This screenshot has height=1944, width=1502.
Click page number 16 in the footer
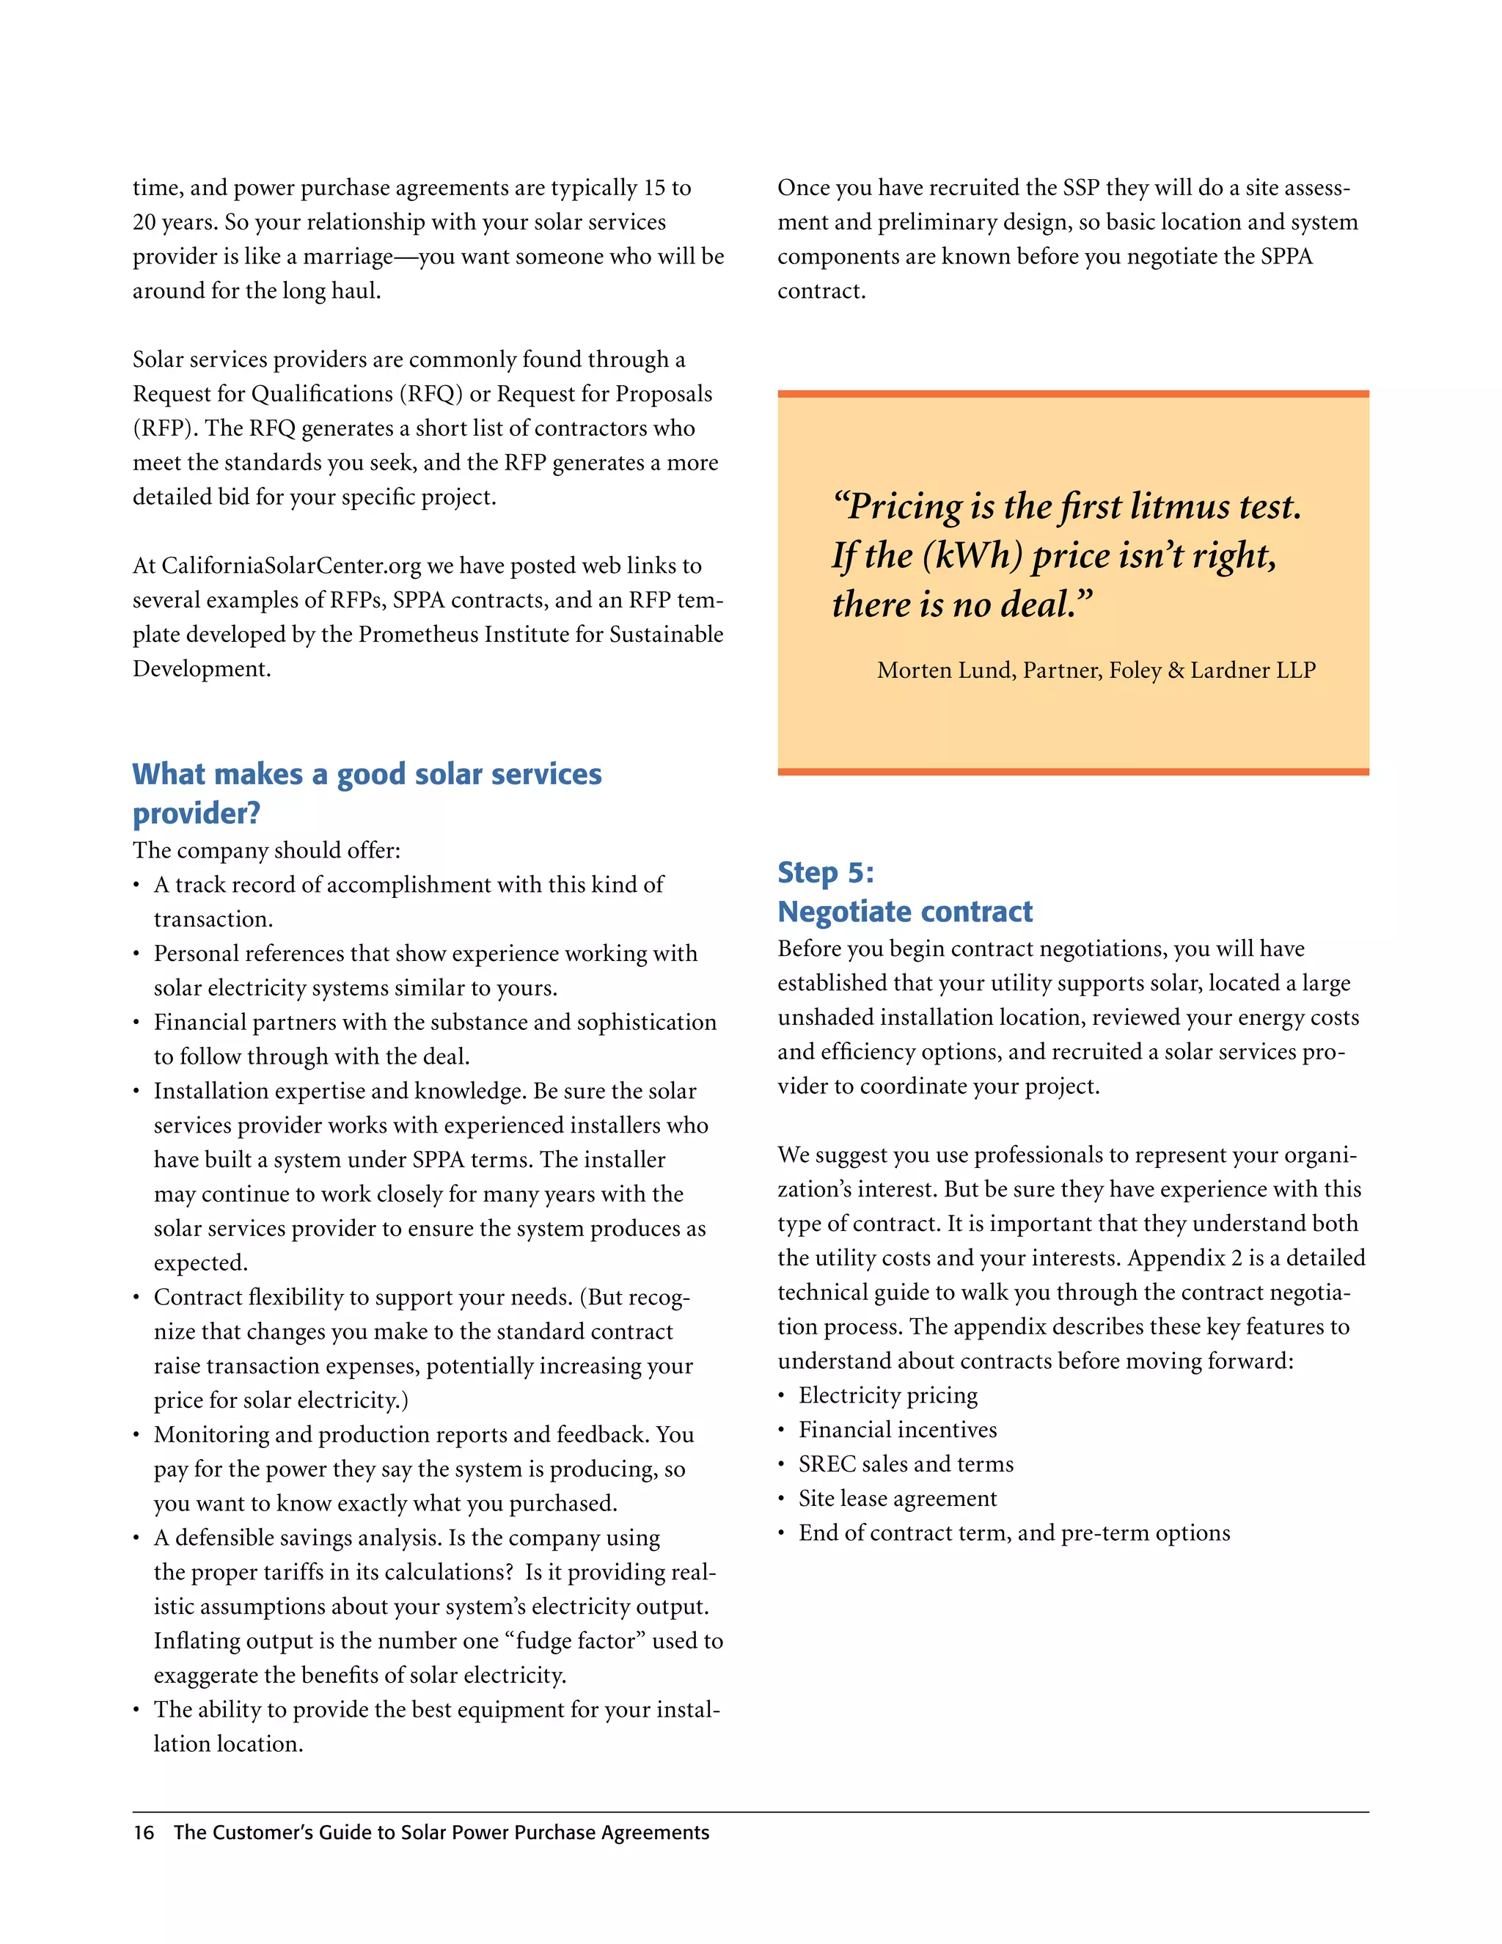tap(143, 1832)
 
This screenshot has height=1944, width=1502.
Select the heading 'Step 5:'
tap(826, 872)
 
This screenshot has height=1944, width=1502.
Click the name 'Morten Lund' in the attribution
tap(945, 670)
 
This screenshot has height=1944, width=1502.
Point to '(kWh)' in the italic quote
tap(972, 556)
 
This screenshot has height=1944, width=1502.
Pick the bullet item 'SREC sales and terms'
tap(906, 1464)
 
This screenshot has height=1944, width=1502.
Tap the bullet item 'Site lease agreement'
tap(897, 1499)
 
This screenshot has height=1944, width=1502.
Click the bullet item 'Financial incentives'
tap(897, 1430)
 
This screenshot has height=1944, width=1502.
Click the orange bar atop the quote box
tap(1072, 393)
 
